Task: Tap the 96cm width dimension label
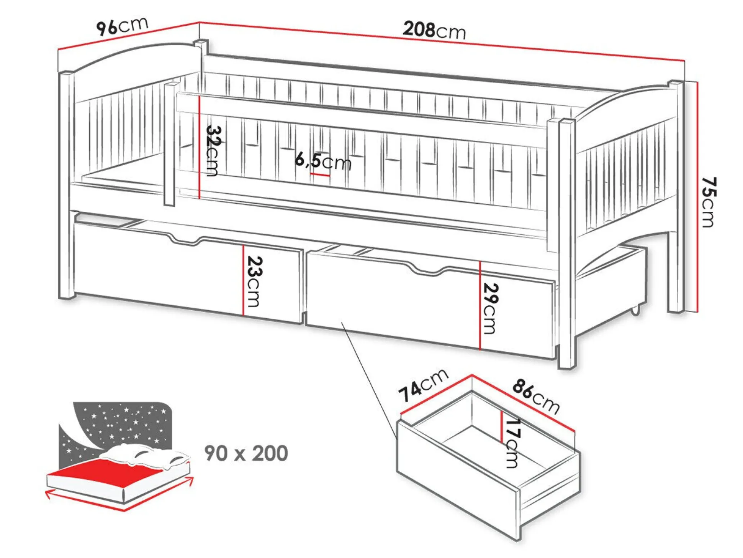[122, 26]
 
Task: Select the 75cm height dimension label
[709, 202]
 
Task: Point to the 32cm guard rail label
[213, 150]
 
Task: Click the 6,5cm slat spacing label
[322, 161]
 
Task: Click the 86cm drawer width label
[536, 396]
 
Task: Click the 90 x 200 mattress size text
[246, 453]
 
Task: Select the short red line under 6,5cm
[320, 175]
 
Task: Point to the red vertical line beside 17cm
[501, 427]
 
